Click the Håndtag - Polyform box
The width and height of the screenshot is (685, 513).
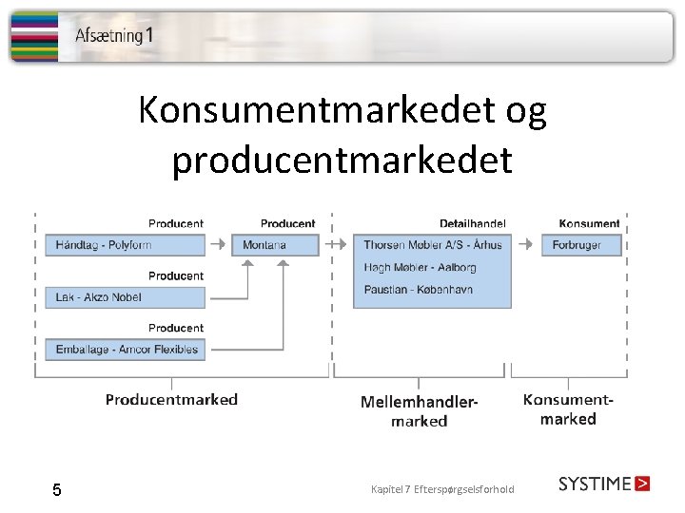click(x=125, y=245)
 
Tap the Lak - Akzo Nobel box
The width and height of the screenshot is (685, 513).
click(x=125, y=297)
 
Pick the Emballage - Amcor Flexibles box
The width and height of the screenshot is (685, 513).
click(x=125, y=350)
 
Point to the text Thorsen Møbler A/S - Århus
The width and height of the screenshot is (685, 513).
click(x=432, y=245)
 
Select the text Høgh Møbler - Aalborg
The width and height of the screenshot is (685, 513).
click(x=419, y=267)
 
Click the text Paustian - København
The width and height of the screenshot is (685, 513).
click(x=419, y=289)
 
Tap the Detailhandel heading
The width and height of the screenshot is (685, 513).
click(x=472, y=223)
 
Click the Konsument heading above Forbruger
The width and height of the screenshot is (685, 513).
click(x=589, y=223)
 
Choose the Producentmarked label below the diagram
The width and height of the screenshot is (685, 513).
click(x=171, y=399)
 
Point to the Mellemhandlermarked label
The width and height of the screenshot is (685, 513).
click(x=419, y=410)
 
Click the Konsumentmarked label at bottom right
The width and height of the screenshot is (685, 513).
click(x=568, y=409)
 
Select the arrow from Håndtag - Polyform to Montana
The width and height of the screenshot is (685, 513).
click(x=218, y=244)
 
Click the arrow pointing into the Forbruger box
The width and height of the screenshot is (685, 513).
click(x=522, y=244)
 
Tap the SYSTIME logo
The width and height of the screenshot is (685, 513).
click(x=604, y=484)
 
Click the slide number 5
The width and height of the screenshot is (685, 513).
click(x=57, y=490)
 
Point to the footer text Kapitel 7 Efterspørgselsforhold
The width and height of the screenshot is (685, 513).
click(x=442, y=489)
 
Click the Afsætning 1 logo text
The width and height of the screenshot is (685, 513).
click(x=113, y=36)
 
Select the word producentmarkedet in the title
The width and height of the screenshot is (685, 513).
click(x=342, y=160)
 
